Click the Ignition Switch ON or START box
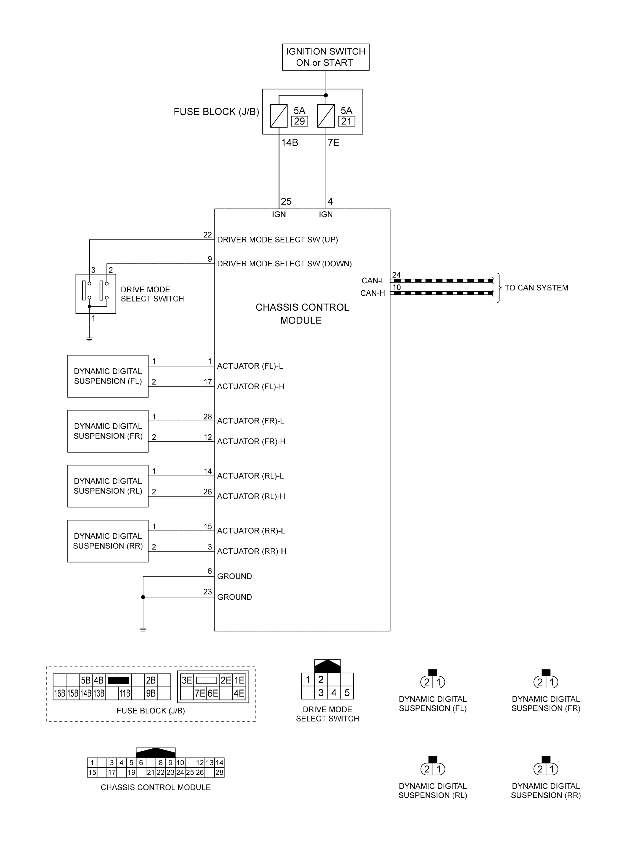(326, 57)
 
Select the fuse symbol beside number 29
(279, 116)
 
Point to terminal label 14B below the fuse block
(290, 142)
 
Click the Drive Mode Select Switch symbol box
(95, 293)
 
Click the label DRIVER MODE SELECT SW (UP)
(277, 240)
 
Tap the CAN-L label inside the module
(373, 281)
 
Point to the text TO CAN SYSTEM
(536, 288)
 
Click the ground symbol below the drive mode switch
(89, 339)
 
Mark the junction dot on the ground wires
(143, 597)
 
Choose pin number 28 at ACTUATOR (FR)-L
(208, 417)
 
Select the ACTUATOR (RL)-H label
(251, 496)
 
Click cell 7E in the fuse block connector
(200, 693)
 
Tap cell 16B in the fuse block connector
(59, 693)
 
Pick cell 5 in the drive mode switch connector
(347, 692)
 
